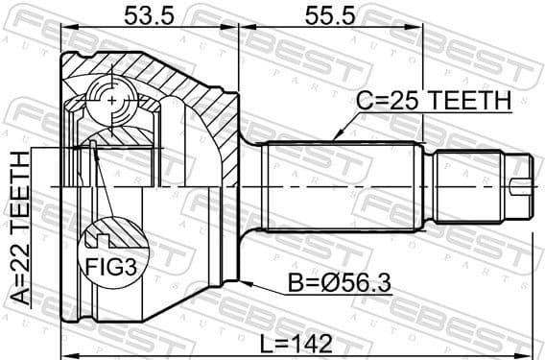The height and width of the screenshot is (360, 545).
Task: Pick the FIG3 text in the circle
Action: point(112,265)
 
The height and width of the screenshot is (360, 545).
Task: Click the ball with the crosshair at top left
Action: point(113,99)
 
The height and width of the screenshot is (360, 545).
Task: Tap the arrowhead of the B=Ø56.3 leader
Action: point(246,281)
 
